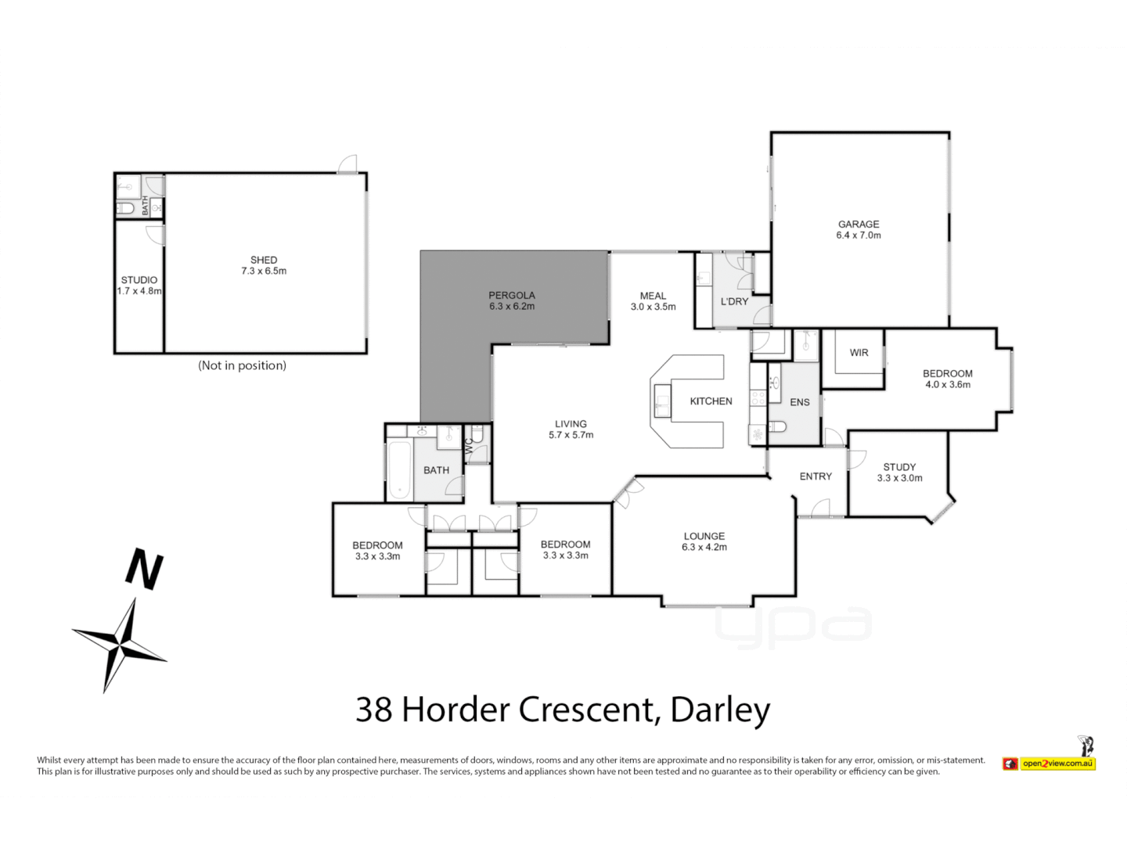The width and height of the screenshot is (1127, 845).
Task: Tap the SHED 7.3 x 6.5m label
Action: click(x=264, y=265)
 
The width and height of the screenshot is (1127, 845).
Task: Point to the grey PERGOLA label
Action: click(x=512, y=300)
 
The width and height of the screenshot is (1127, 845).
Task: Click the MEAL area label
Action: click(x=653, y=301)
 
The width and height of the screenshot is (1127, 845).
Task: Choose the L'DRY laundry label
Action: click(x=734, y=301)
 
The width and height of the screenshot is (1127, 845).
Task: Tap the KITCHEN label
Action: click(x=711, y=401)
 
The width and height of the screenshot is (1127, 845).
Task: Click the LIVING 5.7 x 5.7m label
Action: click(x=571, y=430)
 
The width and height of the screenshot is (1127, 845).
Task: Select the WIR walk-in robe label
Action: click(x=859, y=353)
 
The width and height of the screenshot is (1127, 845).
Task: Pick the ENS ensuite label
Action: click(x=799, y=402)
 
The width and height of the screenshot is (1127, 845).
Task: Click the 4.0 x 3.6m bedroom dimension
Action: click(x=948, y=385)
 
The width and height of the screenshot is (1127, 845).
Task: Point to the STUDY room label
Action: click(x=899, y=467)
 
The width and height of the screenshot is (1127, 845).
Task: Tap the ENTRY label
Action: click(x=816, y=476)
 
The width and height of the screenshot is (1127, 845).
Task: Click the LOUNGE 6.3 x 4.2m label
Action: click(x=704, y=541)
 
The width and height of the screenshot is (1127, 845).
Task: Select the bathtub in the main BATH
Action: click(x=399, y=470)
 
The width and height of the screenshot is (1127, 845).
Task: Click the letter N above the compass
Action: click(x=145, y=570)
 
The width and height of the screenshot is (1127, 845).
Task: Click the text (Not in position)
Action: click(x=242, y=365)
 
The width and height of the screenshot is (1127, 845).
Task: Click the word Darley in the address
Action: click(x=720, y=710)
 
